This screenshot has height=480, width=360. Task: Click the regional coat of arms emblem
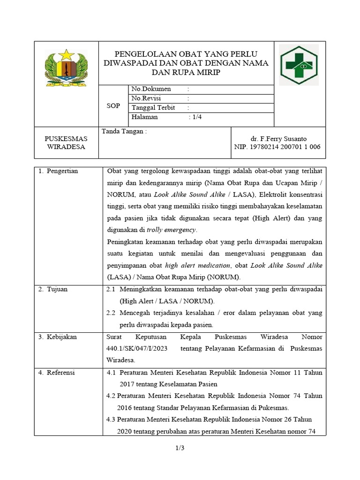tap(66, 67)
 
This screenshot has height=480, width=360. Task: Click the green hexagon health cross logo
tap(299, 65)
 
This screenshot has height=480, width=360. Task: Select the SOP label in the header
tap(113, 106)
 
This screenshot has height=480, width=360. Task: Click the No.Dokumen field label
tap(151, 89)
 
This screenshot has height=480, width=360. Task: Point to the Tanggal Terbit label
tap(153, 108)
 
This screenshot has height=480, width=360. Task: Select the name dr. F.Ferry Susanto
tap(279, 139)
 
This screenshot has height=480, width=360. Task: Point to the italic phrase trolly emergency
tap(172, 230)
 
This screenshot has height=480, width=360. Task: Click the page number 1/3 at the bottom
tap(180, 449)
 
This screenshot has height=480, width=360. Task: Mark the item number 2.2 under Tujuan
tap(111, 313)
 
